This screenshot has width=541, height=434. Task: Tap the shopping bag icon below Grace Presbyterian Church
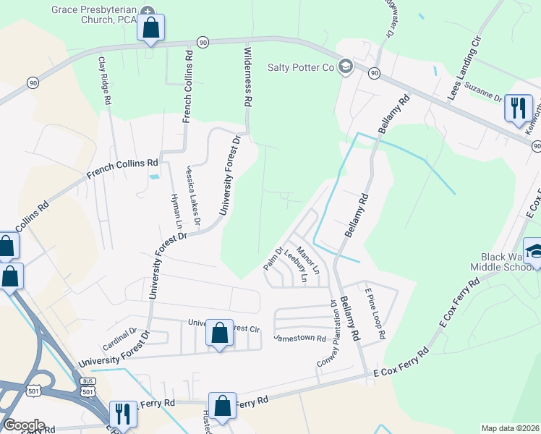(x=150, y=29)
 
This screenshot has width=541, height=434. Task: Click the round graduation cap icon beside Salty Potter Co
(x=345, y=67)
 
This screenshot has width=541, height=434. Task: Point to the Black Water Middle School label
(x=511, y=263)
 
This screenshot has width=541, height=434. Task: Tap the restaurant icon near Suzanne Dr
(x=518, y=109)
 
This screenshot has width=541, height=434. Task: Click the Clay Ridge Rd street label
(x=104, y=81)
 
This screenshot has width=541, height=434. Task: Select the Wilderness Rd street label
(x=247, y=78)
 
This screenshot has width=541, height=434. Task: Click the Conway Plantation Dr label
(x=328, y=333)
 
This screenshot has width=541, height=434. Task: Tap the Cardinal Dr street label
(x=119, y=338)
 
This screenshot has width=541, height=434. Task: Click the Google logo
(x=23, y=425)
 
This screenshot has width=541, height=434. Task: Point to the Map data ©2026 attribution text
(x=509, y=428)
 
